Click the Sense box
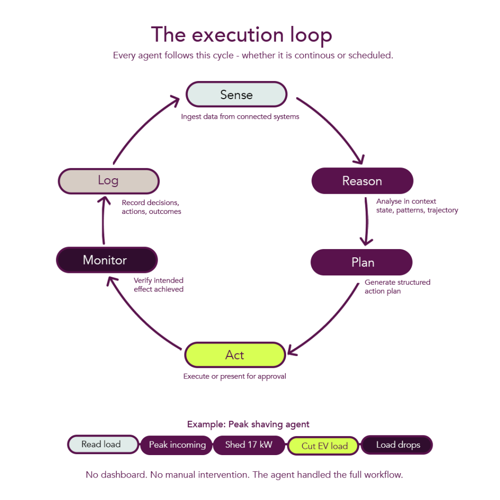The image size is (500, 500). coord(236,94)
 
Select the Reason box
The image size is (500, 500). coord(362,181)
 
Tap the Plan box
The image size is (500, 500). coord(362,262)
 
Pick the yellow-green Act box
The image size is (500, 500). coord(235,355)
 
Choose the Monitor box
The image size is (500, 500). coord(106,260)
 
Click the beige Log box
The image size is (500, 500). coord(108,181)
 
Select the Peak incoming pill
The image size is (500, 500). coord(177,445)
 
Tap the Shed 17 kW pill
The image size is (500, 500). coord(249,445)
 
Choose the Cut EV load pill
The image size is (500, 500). coord(324,446)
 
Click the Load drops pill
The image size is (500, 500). coord(397,445)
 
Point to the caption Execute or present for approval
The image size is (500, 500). coord(234,376)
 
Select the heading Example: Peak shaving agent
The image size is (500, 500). coord(248,424)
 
